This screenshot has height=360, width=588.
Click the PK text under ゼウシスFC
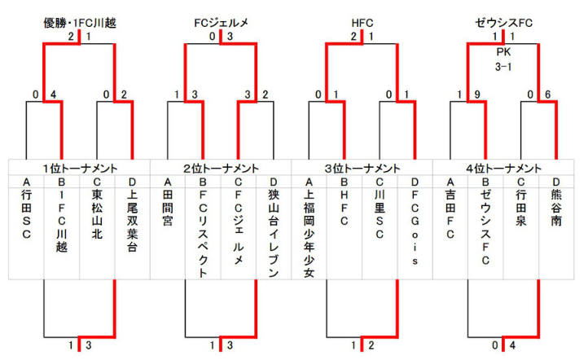503,50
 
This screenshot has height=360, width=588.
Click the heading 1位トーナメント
79,168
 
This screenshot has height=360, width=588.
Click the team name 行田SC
26,216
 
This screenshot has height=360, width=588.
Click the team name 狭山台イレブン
274,232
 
